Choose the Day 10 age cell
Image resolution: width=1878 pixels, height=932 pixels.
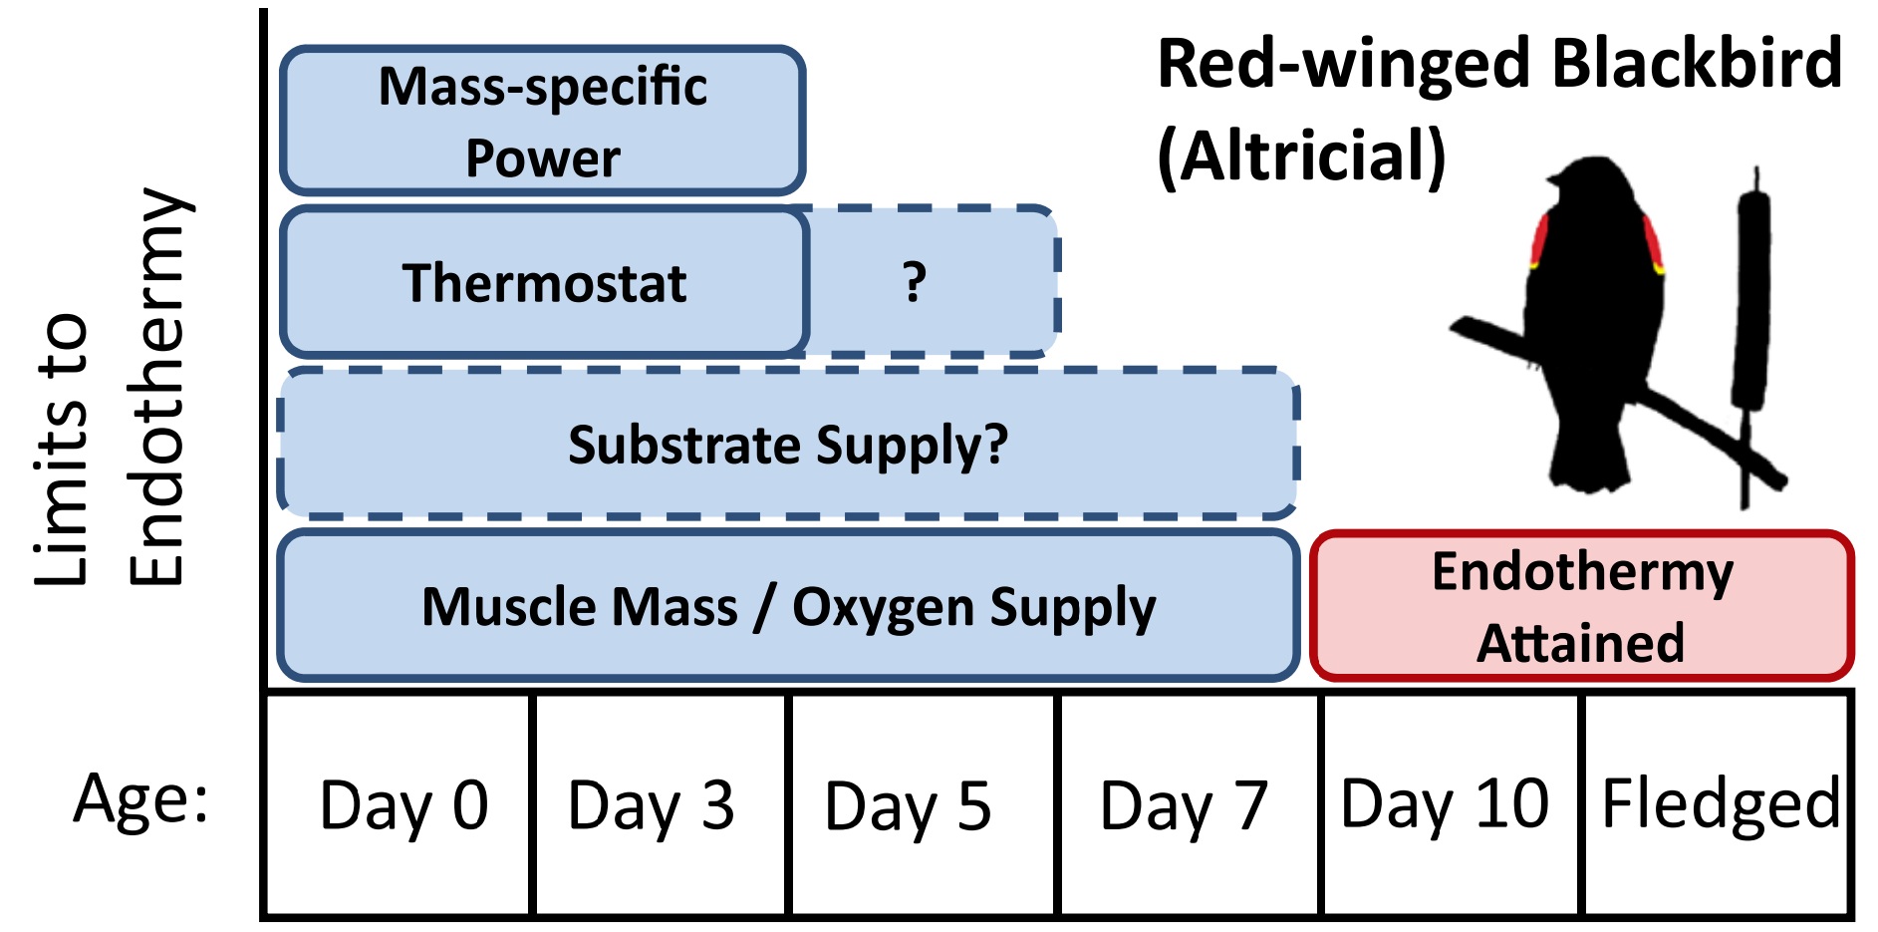click(x=1449, y=803)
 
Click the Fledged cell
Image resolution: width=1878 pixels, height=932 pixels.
click(x=1718, y=803)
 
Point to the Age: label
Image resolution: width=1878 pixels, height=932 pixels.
click(x=141, y=798)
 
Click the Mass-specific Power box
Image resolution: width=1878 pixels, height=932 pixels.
click(x=543, y=121)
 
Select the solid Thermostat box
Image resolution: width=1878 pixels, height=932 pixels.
click(x=543, y=283)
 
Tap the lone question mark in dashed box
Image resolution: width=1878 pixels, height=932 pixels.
click(x=915, y=282)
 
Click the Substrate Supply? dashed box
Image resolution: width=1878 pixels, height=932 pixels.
click(x=787, y=445)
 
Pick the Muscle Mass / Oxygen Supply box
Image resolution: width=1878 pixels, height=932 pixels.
click(x=787, y=606)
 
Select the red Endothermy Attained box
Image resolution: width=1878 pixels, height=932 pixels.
click(x=1581, y=606)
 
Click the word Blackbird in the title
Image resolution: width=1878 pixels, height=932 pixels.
click(x=1697, y=64)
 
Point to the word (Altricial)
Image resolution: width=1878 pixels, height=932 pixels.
click(x=1301, y=156)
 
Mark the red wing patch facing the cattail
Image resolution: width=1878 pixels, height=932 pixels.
click(x=1652, y=244)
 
